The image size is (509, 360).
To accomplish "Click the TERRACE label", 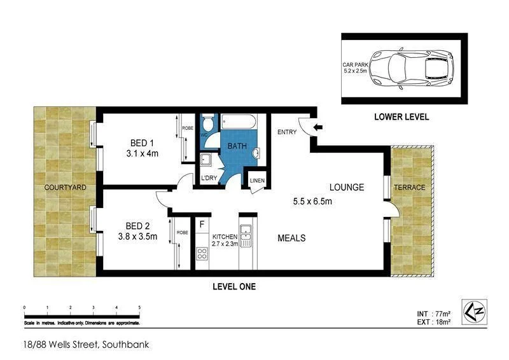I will point(410,188).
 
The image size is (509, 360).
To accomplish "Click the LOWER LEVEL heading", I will point(401,117).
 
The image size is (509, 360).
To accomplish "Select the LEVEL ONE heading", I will point(234,287).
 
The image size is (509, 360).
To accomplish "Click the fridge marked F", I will point(202,225).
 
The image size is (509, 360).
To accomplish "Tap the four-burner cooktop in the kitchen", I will point(202,254).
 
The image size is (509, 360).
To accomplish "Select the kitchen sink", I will point(246,235).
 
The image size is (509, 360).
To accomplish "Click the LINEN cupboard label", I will point(256,181).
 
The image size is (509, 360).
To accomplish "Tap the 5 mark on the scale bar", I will point(139,308).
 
